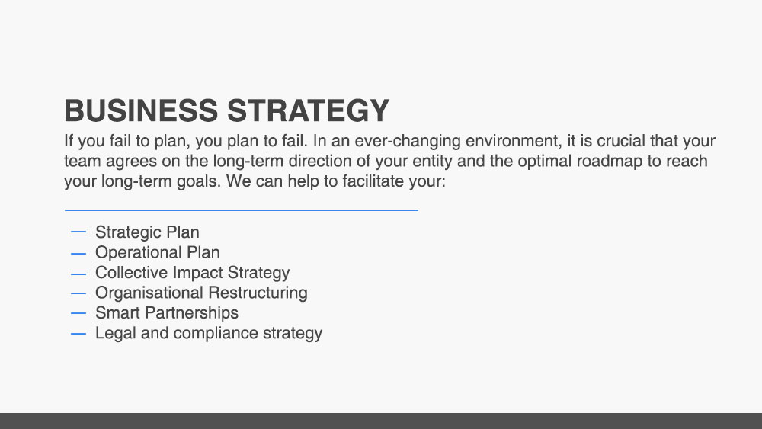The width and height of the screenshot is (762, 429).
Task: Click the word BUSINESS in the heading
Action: pyautogui.click(x=141, y=110)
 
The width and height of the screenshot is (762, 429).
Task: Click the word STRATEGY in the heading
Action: pyautogui.click(x=308, y=110)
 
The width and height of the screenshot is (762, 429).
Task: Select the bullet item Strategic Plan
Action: pyautogui.click(x=147, y=232)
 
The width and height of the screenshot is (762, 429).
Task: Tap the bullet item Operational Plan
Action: pyautogui.click(x=158, y=253)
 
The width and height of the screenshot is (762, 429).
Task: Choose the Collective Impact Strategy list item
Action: pyautogui.click(x=193, y=273)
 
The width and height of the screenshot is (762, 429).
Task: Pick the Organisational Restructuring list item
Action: pyautogui.click(x=201, y=293)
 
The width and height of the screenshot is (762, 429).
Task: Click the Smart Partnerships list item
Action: pyautogui.click(x=167, y=313)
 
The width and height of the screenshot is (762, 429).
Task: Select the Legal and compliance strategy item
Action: pyautogui.click(x=209, y=333)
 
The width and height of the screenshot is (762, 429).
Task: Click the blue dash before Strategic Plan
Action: pyautogui.click(x=78, y=232)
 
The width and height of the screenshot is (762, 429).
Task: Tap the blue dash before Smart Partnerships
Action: pyautogui.click(x=78, y=313)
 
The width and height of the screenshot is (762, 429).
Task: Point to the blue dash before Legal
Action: pyautogui.click(x=78, y=334)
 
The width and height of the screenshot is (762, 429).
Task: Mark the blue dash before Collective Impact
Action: pyautogui.click(x=78, y=274)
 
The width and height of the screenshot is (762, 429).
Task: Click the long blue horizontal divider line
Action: pyautogui.click(x=242, y=210)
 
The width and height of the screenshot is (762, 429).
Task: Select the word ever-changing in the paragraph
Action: pyautogui.click(x=408, y=142)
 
